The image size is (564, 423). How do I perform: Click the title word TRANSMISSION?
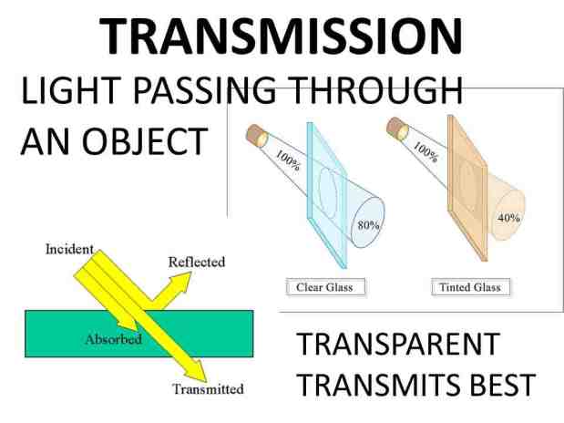tap(281, 36)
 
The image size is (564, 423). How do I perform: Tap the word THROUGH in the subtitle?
tap(376, 90)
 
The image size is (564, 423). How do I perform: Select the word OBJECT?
tap(145, 142)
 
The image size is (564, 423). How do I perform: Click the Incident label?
tap(69, 249)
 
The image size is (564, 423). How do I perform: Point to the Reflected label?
tap(197, 262)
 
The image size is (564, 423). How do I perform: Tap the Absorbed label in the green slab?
tap(114, 339)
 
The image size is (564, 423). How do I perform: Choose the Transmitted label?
tap(208, 388)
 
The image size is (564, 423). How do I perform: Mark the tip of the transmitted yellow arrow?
tap(206, 382)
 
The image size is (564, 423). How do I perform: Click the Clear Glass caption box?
tap(326, 287)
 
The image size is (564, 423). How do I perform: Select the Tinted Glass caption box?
tap(471, 287)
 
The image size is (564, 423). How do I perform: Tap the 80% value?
tap(369, 225)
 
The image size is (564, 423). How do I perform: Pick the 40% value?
tap(508, 218)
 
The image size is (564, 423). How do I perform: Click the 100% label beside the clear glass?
tap(288, 160)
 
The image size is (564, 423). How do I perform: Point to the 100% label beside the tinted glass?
tap(426, 151)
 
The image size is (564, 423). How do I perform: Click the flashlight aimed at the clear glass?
tap(257, 136)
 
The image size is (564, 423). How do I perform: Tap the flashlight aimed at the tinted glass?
tap(397, 129)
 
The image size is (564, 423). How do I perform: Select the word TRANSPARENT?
tap(398, 345)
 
